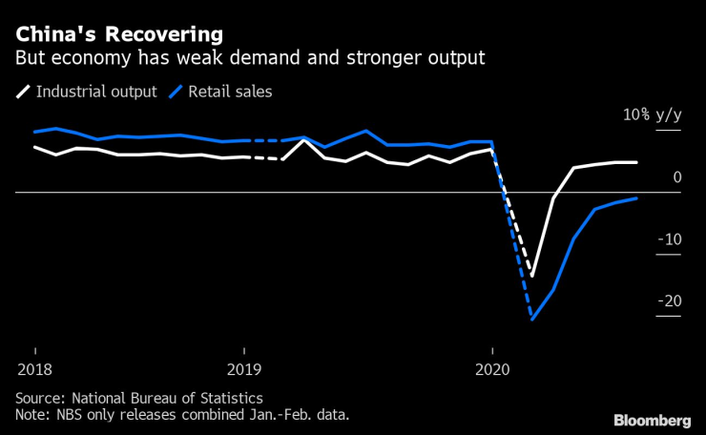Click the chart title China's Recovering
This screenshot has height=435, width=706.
pyautogui.click(x=118, y=34)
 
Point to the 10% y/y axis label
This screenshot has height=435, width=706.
pyautogui.click(x=653, y=114)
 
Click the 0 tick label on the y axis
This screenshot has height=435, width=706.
pyautogui.click(x=676, y=176)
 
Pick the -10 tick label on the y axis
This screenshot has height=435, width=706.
pyautogui.click(x=671, y=238)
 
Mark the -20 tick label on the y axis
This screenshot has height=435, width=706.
pyautogui.click(x=671, y=301)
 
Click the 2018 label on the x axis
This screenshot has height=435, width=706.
pyautogui.click(x=35, y=369)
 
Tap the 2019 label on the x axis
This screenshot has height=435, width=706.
pyautogui.click(x=246, y=369)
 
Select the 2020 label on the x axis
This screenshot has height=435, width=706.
pyautogui.click(x=492, y=369)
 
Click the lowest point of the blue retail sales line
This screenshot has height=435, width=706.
pyautogui.click(x=531, y=320)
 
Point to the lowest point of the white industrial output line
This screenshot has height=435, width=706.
pyautogui.click(x=532, y=276)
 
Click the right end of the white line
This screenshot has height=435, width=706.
pyautogui.click(x=636, y=162)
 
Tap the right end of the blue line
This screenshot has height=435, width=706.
pyautogui.click(x=636, y=198)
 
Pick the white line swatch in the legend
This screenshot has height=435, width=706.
pyautogui.click(x=23, y=93)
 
